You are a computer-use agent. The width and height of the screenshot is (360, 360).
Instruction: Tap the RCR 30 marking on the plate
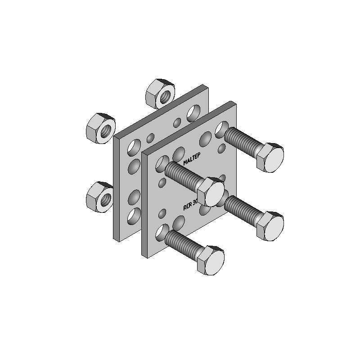[x=192, y=205]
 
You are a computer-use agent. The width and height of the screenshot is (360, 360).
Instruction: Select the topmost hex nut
[x=160, y=93]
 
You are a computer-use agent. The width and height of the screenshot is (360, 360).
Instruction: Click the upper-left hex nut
[x=101, y=128]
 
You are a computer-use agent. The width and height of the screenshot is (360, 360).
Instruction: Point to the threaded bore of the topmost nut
[x=165, y=96]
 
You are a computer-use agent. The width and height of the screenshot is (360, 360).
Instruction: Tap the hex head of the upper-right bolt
[x=271, y=157]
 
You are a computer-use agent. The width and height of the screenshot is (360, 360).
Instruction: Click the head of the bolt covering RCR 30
[x=212, y=191]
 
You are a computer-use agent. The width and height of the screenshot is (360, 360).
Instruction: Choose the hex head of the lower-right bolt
[x=271, y=225]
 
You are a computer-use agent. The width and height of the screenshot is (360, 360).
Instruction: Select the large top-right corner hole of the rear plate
[x=194, y=112]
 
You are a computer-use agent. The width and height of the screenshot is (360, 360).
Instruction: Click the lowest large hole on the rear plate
[x=134, y=217]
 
